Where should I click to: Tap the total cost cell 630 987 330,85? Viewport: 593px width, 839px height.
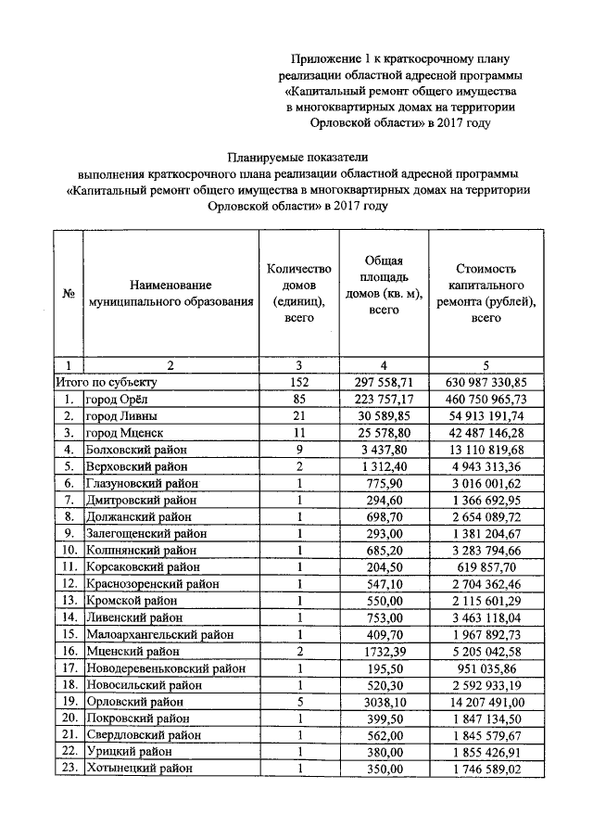tap(486, 382)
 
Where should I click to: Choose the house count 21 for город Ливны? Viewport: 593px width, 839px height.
tap(298, 415)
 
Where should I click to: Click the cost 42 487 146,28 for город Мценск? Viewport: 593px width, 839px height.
tap(486, 433)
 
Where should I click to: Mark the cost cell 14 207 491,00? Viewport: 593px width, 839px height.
tap(486, 702)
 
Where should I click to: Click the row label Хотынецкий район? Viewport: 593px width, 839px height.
tap(139, 769)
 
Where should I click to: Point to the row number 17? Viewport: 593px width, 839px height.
tap(68, 668)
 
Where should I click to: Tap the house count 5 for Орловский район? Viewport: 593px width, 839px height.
tap(298, 702)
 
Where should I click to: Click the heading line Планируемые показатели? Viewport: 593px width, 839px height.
tap(297, 156)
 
